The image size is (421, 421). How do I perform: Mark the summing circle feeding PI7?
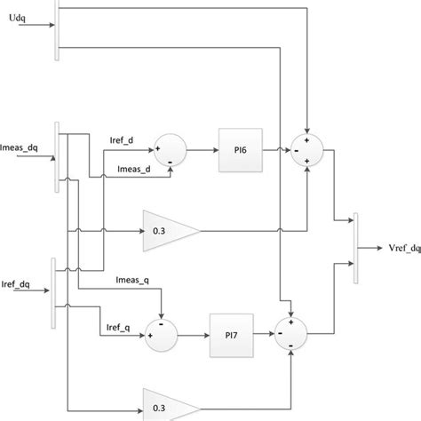pyautogui.click(x=163, y=336)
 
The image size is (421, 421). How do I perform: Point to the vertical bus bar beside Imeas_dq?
pyautogui.click(x=58, y=155)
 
